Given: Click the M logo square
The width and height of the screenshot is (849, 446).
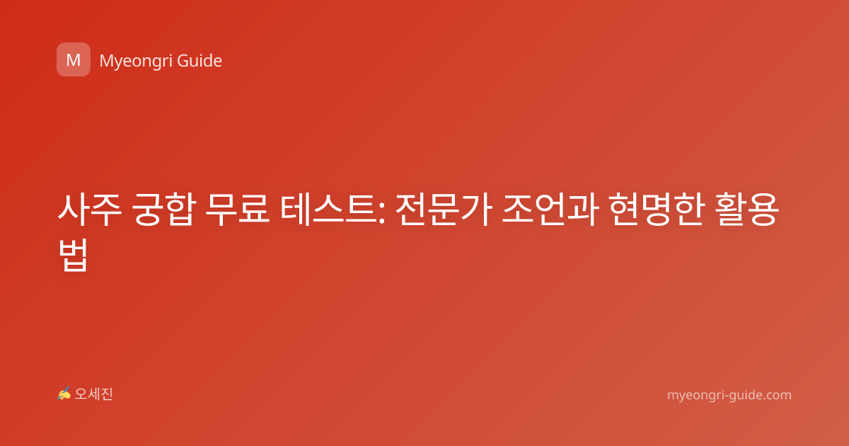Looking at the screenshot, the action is click(x=74, y=59).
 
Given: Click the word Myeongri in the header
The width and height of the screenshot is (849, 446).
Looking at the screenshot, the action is click(x=136, y=62).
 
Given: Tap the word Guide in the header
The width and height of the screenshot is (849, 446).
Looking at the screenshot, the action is click(x=200, y=61).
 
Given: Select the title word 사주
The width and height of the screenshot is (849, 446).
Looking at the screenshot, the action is click(x=90, y=210).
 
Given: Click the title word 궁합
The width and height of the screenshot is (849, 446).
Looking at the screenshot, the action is click(x=164, y=210).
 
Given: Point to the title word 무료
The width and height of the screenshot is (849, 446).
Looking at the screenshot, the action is click(x=237, y=210).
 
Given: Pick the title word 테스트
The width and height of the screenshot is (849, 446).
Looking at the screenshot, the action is click(x=328, y=210).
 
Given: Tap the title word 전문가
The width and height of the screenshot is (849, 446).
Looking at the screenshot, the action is click(x=444, y=210).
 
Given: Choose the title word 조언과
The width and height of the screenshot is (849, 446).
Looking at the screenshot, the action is click(x=550, y=210).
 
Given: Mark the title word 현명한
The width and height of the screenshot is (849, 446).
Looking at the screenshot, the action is click(x=657, y=210).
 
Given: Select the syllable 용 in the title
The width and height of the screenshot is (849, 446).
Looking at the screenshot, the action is click(x=763, y=210).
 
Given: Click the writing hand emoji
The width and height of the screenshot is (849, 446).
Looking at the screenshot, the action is click(x=64, y=394).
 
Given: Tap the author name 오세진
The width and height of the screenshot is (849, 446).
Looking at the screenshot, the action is click(x=93, y=394).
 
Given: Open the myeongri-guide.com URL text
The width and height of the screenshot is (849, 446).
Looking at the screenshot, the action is click(x=729, y=395).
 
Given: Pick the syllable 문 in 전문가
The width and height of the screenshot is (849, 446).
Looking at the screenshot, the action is click(x=444, y=210).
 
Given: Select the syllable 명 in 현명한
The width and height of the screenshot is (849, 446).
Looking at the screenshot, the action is click(x=657, y=210).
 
